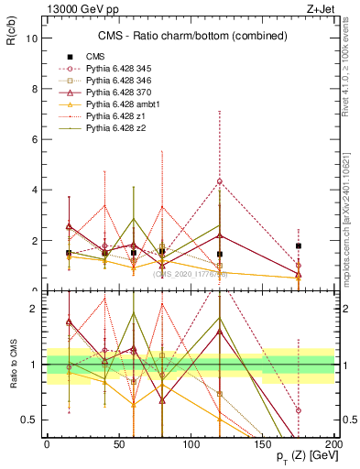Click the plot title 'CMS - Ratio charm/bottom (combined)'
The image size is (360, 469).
(189, 37)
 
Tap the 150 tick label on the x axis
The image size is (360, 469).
(263, 446)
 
